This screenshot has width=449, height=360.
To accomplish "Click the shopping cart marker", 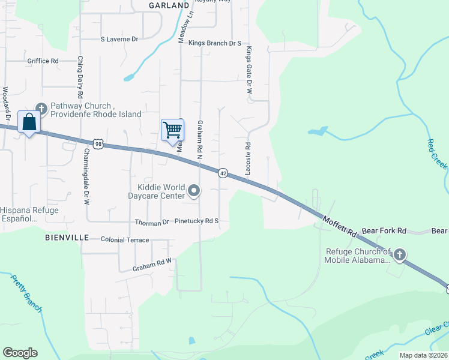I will (172, 130).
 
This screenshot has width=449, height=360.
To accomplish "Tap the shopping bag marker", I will (29, 122).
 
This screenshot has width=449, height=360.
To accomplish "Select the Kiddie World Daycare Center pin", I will (194, 191).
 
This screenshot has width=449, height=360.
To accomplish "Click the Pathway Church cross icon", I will (41, 109).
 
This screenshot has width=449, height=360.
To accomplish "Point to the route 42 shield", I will (223, 172).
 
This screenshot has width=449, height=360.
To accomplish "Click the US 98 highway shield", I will (98, 143).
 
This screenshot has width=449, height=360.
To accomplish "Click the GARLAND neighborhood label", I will (169, 5).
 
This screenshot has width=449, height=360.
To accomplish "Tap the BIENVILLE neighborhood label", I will (67, 238).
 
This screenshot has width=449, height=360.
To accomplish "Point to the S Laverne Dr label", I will (119, 39).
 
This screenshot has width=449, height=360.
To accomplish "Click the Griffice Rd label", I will (43, 61).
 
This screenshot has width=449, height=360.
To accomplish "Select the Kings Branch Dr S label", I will (214, 44).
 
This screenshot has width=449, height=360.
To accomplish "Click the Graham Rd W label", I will (152, 262).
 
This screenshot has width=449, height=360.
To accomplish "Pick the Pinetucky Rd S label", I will (196, 221).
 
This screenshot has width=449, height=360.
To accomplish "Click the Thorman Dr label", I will (152, 222).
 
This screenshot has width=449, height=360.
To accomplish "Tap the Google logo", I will (20, 353).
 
